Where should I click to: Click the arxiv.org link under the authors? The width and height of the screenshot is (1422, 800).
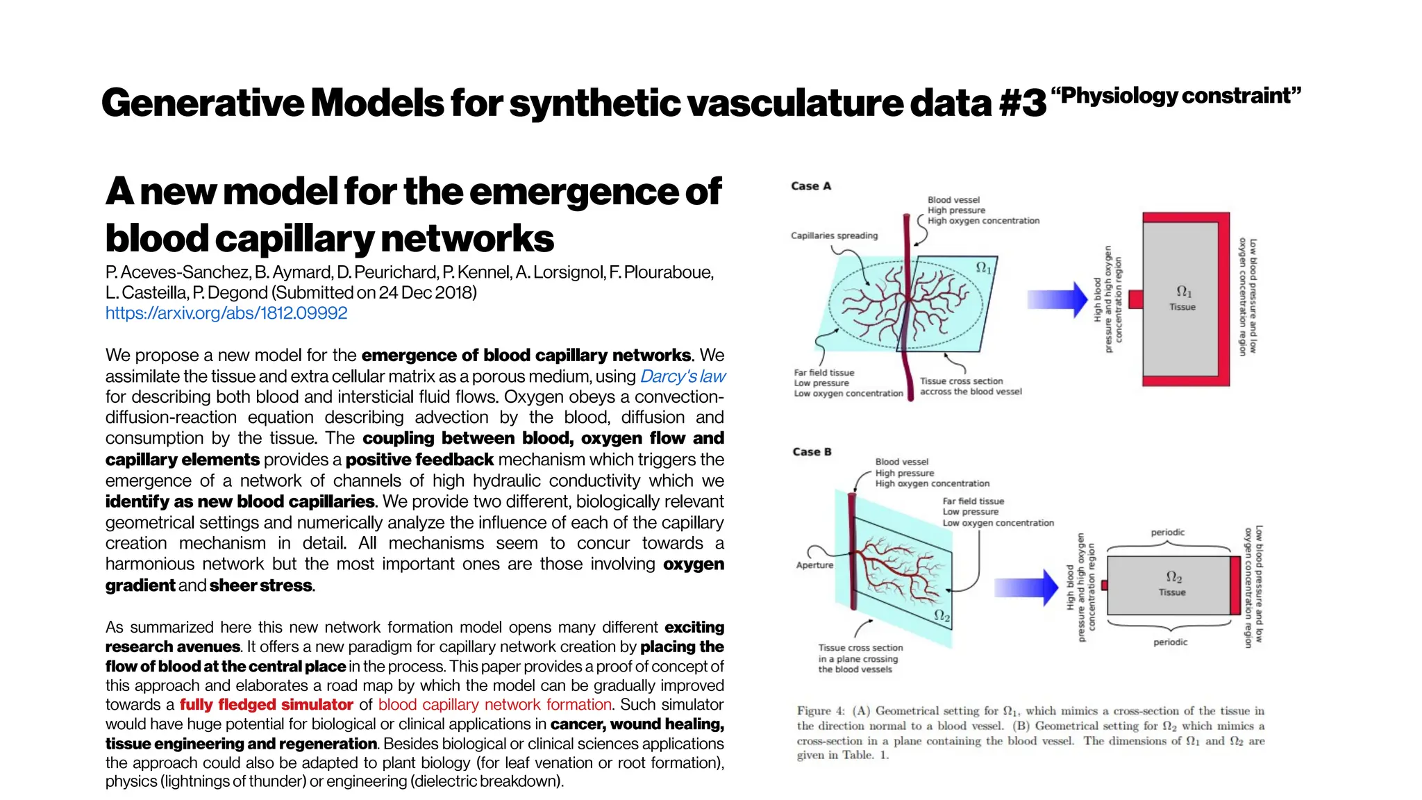click(226, 313)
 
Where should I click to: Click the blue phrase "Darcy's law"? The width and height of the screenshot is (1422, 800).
click(683, 376)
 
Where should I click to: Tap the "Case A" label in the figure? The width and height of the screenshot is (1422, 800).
click(810, 186)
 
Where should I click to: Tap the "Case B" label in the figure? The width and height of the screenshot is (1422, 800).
click(811, 452)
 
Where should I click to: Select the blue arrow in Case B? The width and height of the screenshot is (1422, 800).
click(1026, 587)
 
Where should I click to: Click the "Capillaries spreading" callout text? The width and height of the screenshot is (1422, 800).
click(834, 236)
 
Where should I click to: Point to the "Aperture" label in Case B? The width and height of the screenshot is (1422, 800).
click(814, 565)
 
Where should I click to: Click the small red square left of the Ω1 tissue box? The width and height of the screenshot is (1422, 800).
click(1136, 299)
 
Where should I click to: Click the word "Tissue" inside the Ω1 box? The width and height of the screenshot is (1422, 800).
click(1182, 307)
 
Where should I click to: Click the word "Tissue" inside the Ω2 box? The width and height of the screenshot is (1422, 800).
click(1172, 592)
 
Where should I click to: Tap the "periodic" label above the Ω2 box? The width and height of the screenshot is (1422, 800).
click(1168, 533)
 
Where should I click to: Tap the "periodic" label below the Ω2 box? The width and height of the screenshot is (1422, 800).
click(1170, 642)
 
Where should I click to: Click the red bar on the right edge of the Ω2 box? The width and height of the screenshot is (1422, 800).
click(1235, 585)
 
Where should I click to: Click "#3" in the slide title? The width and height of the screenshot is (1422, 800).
click(1022, 103)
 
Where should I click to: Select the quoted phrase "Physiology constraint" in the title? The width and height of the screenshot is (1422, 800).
click(1176, 95)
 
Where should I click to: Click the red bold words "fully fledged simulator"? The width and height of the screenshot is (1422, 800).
click(267, 705)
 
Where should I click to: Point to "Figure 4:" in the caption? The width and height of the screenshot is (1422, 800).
click(821, 711)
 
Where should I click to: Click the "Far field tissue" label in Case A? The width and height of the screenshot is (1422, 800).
click(824, 373)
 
